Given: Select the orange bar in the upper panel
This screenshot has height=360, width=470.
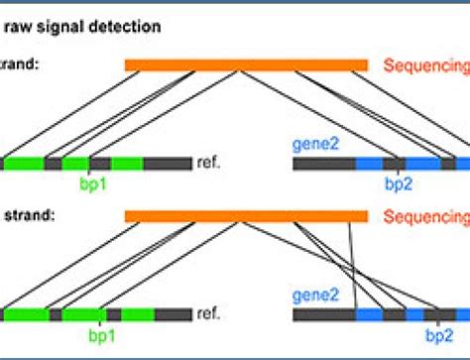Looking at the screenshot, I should [246, 64].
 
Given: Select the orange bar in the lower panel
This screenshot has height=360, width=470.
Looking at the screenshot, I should [246, 215].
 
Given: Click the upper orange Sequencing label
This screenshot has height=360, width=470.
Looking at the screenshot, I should [426, 65].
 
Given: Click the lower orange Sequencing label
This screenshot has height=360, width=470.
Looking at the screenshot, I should [426, 216].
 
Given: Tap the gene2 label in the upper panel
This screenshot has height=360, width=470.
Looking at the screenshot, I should [315, 145].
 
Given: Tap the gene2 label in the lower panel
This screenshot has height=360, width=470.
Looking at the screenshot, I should [315, 296].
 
